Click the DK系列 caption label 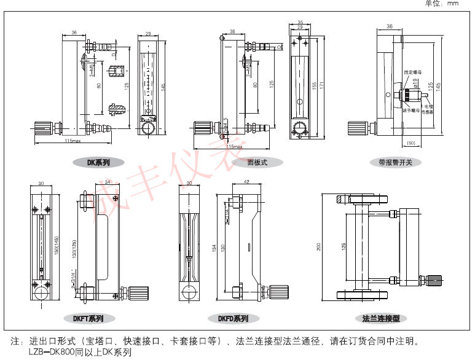[98, 163]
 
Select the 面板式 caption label [257, 163]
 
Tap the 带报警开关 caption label [399, 163]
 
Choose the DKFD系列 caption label [233, 319]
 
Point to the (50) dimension [412, 144]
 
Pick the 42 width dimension [245, 182]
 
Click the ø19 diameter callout [415, 81]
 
